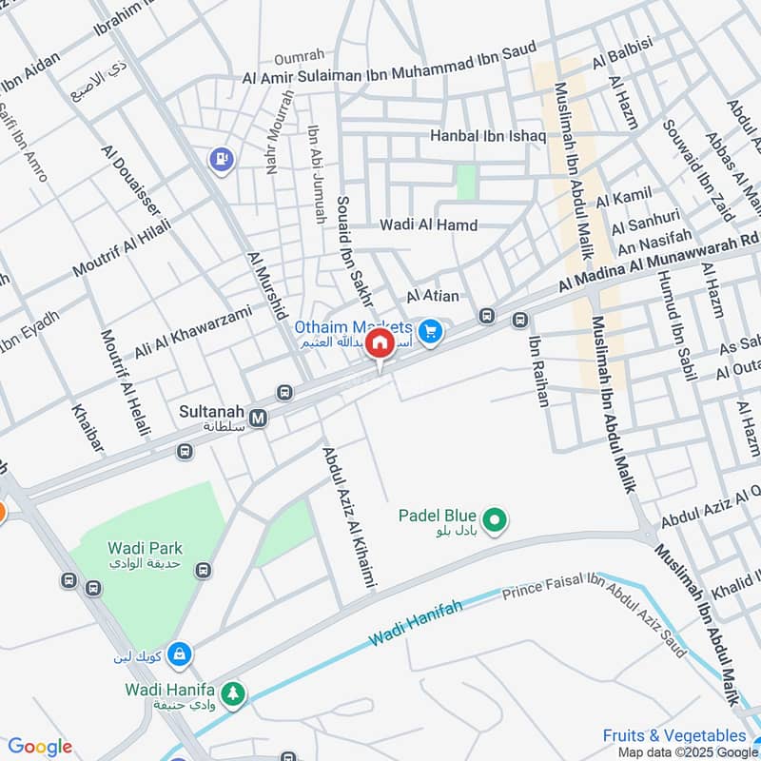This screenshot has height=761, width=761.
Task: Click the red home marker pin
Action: tap(380, 343)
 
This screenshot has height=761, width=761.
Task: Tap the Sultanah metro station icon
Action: tap(258, 417)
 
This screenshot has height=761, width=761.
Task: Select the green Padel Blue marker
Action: tap(495, 519)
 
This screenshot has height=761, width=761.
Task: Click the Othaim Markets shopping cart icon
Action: tap(431, 331)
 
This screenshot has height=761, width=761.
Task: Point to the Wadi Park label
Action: tap(145, 548)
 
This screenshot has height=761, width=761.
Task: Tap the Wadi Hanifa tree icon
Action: tap(233, 695)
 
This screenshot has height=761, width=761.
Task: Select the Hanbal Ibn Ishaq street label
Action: tap(488, 137)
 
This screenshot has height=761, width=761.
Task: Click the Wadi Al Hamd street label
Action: tap(428, 225)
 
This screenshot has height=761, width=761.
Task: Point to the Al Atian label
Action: tap(433, 297)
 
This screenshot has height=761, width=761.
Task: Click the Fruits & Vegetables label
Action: tap(674, 735)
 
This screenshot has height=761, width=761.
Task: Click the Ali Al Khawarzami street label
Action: tap(193, 332)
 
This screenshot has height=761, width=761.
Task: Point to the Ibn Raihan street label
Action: tap(537, 372)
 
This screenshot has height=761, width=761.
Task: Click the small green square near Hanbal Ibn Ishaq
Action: tap(466, 182)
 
